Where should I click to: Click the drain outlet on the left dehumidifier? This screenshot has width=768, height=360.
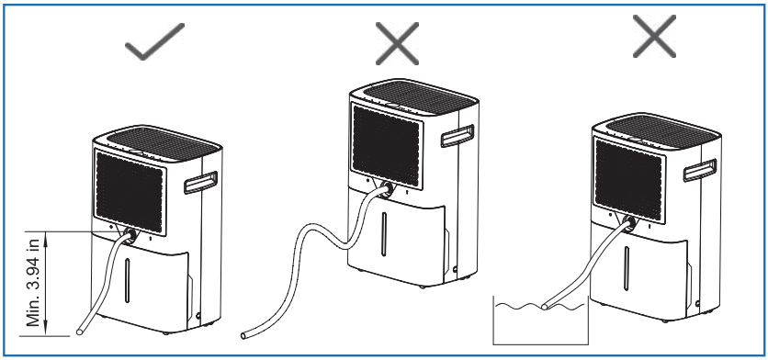click(x=132, y=234)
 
